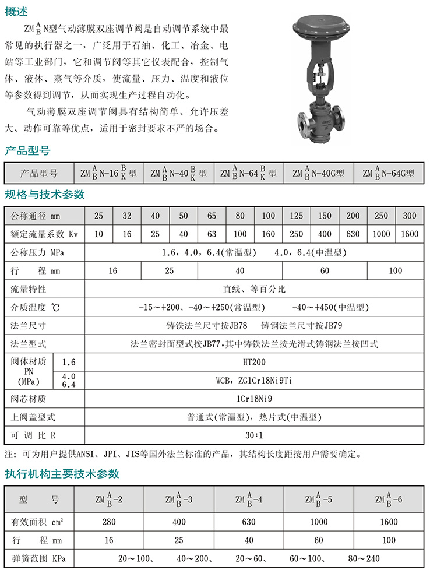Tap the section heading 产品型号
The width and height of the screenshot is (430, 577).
point(27,152)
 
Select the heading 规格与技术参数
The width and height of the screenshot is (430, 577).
point(45,194)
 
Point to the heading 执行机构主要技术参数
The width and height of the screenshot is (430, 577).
point(62,473)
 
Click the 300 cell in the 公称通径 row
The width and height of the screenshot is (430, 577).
point(410,216)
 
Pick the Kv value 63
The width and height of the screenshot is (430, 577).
point(212,234)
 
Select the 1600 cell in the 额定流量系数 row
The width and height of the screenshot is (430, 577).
point(410,234)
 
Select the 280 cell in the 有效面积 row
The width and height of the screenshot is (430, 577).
point(109,522)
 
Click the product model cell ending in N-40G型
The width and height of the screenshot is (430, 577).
point(318,173)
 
